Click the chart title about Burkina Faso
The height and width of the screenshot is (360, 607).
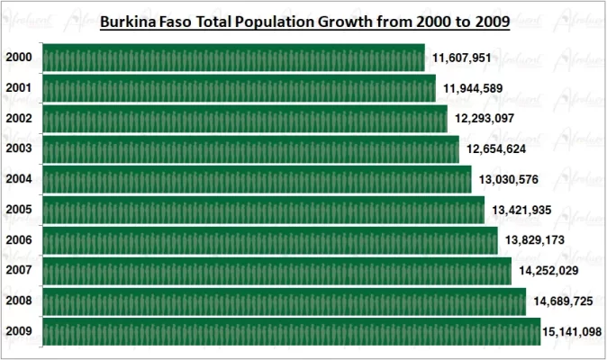coord(304,20)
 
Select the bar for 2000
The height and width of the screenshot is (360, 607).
coord(233,58)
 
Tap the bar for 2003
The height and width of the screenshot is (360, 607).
coord(250,148)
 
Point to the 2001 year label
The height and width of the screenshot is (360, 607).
coord(19,88)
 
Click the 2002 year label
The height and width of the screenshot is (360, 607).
coord(19,119)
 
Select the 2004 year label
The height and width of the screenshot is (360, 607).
coord(19,179)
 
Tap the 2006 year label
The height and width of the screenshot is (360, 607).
coord(19,240)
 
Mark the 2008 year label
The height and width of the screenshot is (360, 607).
coord(19,301)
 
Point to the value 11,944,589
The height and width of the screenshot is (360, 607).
coord(473,88)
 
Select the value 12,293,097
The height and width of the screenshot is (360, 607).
coord(485,118)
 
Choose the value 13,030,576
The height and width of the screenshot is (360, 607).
coord(509,179)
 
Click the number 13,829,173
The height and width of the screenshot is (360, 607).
coord(535,240)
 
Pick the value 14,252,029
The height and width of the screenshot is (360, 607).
coord(549,270)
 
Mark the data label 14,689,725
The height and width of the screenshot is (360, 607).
coord(563,301)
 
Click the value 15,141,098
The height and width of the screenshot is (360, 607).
coord(573,331)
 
